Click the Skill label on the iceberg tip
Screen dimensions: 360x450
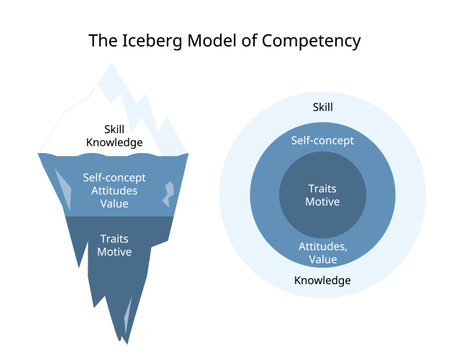point(114,128)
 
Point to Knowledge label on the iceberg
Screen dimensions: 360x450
point(114,142)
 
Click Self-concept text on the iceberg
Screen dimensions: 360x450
point(114,177)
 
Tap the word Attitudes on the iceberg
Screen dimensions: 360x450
point(114,190)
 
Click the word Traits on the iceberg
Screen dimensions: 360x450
point(114,239)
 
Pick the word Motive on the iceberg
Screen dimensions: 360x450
point(114,252)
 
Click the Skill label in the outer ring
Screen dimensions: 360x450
point(322,106)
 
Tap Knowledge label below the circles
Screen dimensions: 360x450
point(322,280)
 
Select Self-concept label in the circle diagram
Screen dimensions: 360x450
point(322,140)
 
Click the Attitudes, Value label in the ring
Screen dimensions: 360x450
point(322,251)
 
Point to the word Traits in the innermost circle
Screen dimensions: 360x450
point(322,187)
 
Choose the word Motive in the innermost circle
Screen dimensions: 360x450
point(322,201)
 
